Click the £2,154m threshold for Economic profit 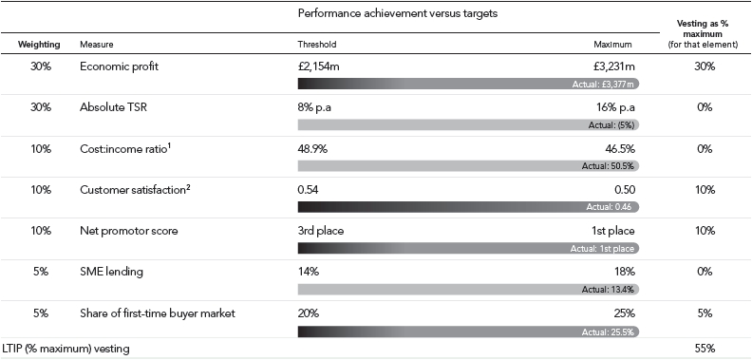coord(318,66)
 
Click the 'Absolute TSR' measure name coord(113,107)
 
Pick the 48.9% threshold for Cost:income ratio coord(312,149)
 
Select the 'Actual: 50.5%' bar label coord(608,166)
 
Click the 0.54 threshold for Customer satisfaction coord(308,190)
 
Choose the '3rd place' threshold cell coord(321,232)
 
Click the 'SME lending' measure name coord(111,273)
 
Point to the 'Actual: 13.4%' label coord(608,290)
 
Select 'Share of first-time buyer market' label coord(158,313)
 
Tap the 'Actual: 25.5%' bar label coord(608,332)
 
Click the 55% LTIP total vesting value coord(704,349)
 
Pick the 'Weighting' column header coord(39,45)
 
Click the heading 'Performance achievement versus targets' coord(398,13)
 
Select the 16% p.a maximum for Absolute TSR coord(615,107)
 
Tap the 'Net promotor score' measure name coord(128,232)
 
